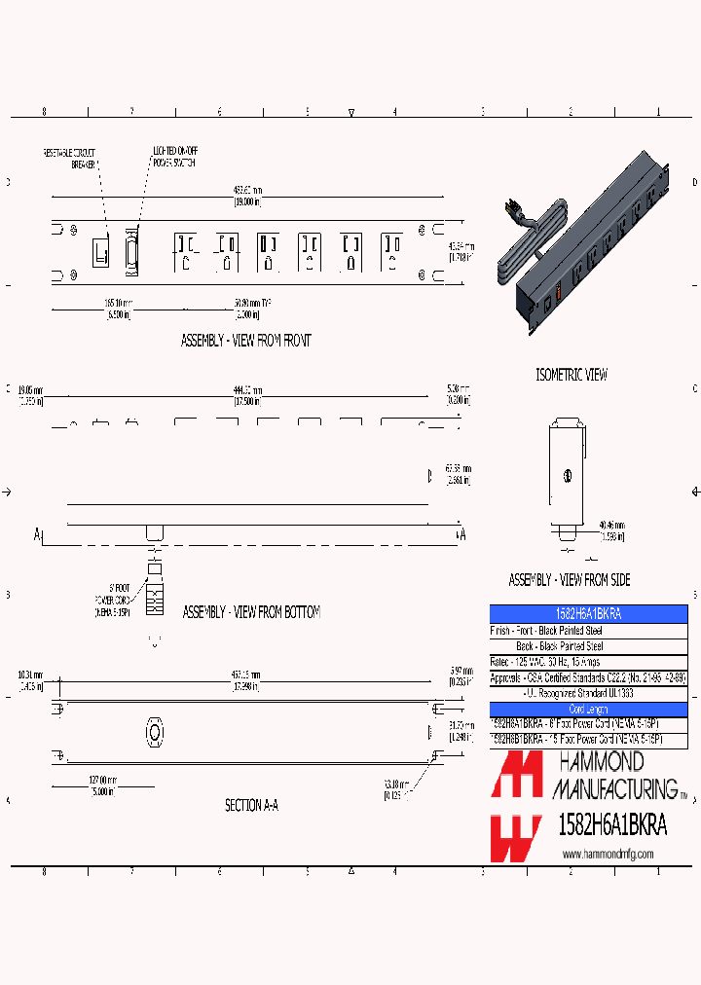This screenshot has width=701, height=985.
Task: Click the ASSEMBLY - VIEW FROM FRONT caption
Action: [246, 341]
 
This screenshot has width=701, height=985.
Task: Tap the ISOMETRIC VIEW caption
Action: [572, 375]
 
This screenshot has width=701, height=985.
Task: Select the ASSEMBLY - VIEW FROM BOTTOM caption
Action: [251, 612]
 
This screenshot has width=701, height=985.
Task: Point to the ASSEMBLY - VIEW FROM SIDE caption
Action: [570, 580]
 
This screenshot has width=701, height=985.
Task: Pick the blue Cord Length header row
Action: [588, 710]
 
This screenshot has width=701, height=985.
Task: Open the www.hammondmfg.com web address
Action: [609, 854]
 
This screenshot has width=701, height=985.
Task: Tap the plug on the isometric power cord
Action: [507, 208]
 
